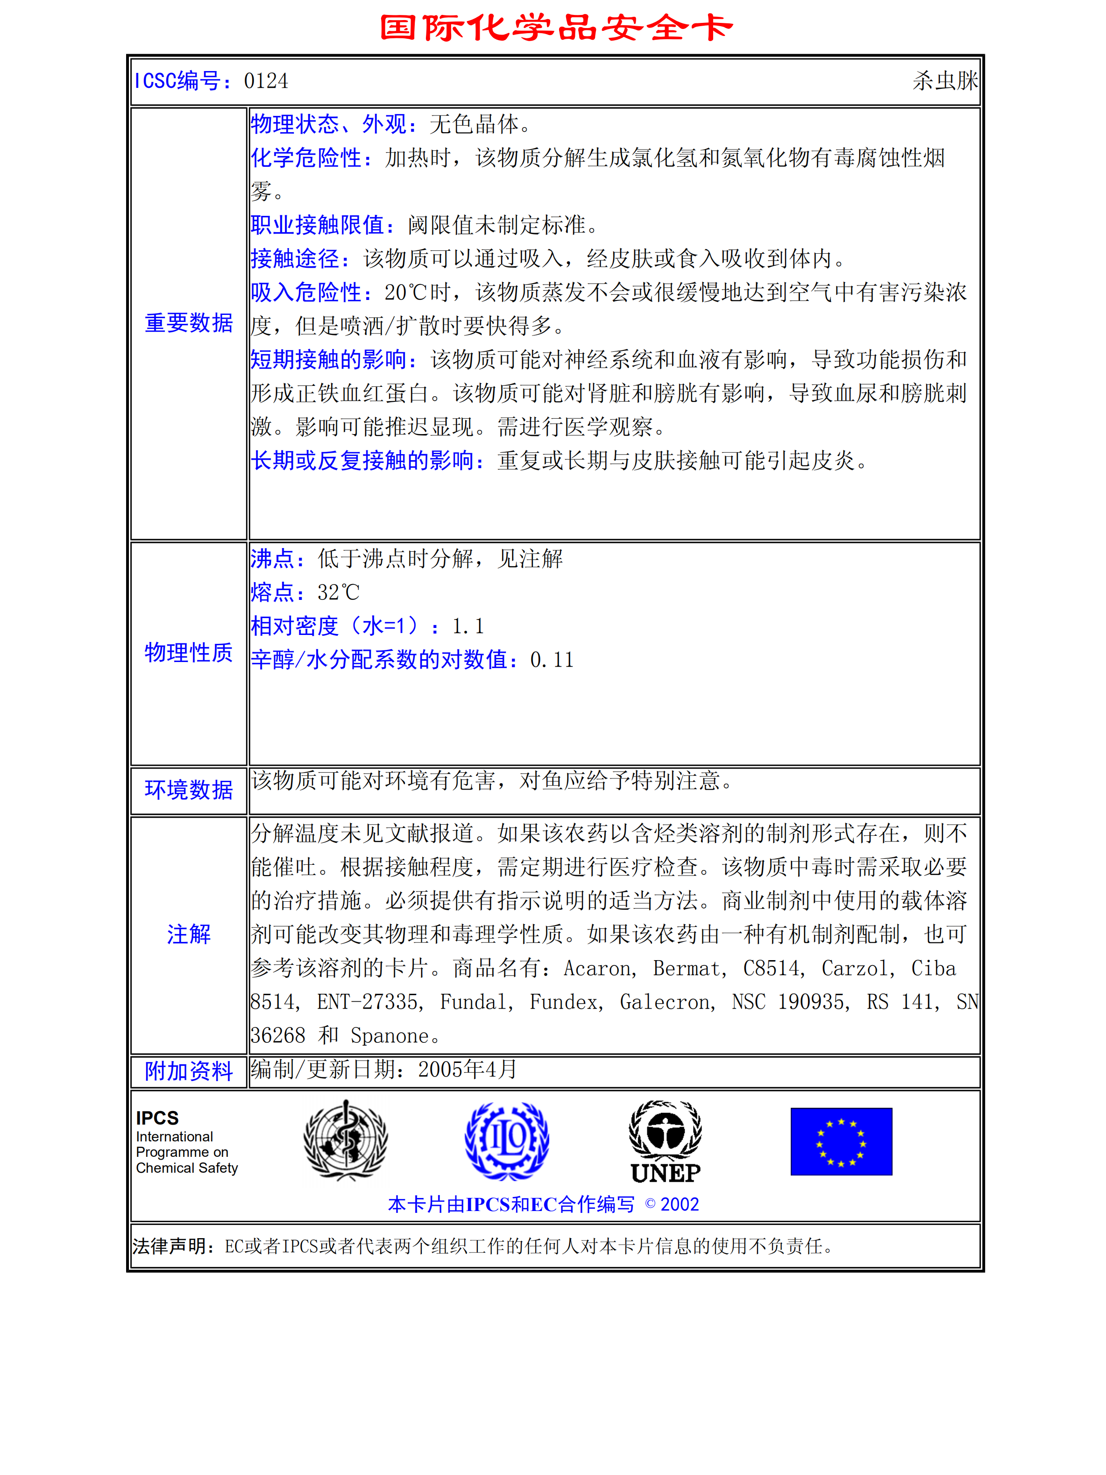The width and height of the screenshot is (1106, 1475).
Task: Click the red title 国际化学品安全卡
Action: pyautogui.click(x=555, y=28)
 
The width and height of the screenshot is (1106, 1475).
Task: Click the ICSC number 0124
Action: pyautogui.click(x=266, y=81)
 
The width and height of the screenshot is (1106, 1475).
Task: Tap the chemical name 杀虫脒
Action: pyautogui.click(x=945, y=81)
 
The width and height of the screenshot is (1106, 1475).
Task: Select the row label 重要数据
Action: pyautogui.click(x=189, y=323)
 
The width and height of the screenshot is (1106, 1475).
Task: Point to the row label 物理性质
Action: pyautogui.click(x=189, y=653)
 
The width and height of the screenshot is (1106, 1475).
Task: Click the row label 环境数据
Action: pyautogui.click(x=189, y=790)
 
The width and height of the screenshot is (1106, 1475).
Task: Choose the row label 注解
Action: pyautogui.click(x=189, y=934)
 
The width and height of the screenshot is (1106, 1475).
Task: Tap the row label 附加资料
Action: pyautogui.click(x=189, y=1071)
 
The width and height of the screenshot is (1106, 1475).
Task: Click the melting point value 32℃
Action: pyautogui.click(x=338, y=592)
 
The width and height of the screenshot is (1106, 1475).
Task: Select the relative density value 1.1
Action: pyautogui.click(x=468, y=626)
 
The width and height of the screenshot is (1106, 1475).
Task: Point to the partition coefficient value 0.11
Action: pyautogui.click(x=551, y=660)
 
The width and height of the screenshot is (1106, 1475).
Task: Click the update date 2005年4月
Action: pyautogui.click(x=468, y=1069)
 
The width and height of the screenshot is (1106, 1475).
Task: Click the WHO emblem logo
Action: pyautogui.click(x=345, y=1141)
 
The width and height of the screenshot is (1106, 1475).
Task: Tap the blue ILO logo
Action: pyautogui.click(x=507, y=1141)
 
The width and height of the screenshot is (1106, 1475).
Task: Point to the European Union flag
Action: pyautogui.click(x=841, y=1141)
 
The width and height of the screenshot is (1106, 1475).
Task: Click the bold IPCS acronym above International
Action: pyautogui.click(x=157, y=1118)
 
